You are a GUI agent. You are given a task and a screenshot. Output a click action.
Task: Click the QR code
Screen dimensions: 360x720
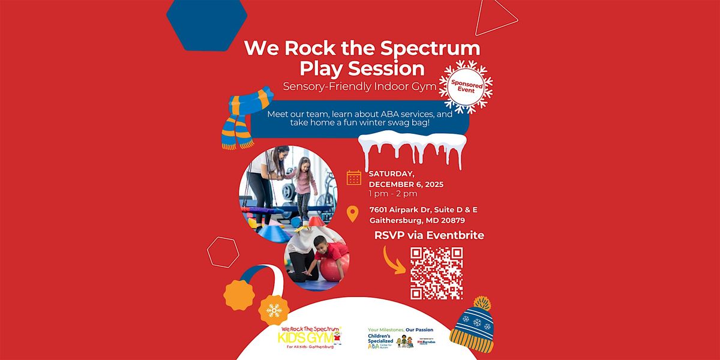(436, 273)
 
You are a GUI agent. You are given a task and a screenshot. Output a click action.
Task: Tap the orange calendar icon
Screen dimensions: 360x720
(354, 178)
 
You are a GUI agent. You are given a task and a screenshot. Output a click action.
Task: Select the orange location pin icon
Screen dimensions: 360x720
(353, 214)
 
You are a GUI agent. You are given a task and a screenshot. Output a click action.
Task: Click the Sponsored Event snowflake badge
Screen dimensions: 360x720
(466, 86)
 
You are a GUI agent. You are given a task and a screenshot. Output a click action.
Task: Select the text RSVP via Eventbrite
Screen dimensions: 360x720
(429, 235)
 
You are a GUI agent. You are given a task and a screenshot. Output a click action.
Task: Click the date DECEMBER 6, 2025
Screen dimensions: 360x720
(406, 184)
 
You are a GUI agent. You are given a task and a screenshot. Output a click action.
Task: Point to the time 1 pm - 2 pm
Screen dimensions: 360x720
(393, 193)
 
